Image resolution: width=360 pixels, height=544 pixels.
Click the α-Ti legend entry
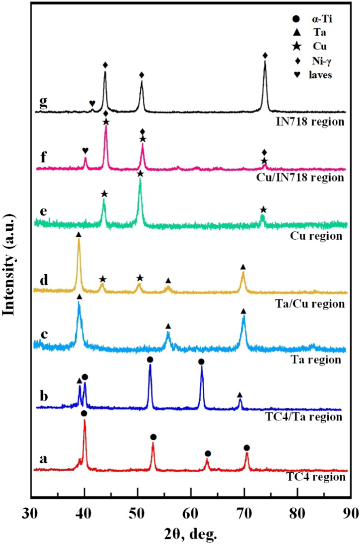coord(312,19)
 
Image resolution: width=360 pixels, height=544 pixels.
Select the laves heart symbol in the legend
coord(297,74)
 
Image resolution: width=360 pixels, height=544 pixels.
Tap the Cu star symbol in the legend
coord(297,46)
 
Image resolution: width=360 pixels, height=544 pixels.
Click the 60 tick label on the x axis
coord(191,514)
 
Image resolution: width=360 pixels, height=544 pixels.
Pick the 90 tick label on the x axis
coord(350,514)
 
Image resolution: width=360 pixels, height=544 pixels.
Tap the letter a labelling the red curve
coord(43,459)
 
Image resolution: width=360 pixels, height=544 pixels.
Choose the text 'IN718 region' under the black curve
coord(310,122)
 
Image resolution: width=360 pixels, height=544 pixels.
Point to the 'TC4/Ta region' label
coord(304,417)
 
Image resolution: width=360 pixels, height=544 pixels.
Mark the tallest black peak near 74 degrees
coord(265,62)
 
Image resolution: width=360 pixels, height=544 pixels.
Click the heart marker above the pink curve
coord(85,151)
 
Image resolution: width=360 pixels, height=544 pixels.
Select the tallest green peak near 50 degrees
coord(140,179)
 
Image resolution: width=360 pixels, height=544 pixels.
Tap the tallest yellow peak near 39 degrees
coord(79,240)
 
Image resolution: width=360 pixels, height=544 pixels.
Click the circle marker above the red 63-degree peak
coord(208,453)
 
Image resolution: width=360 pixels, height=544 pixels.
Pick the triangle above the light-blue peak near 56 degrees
coord(168,326)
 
